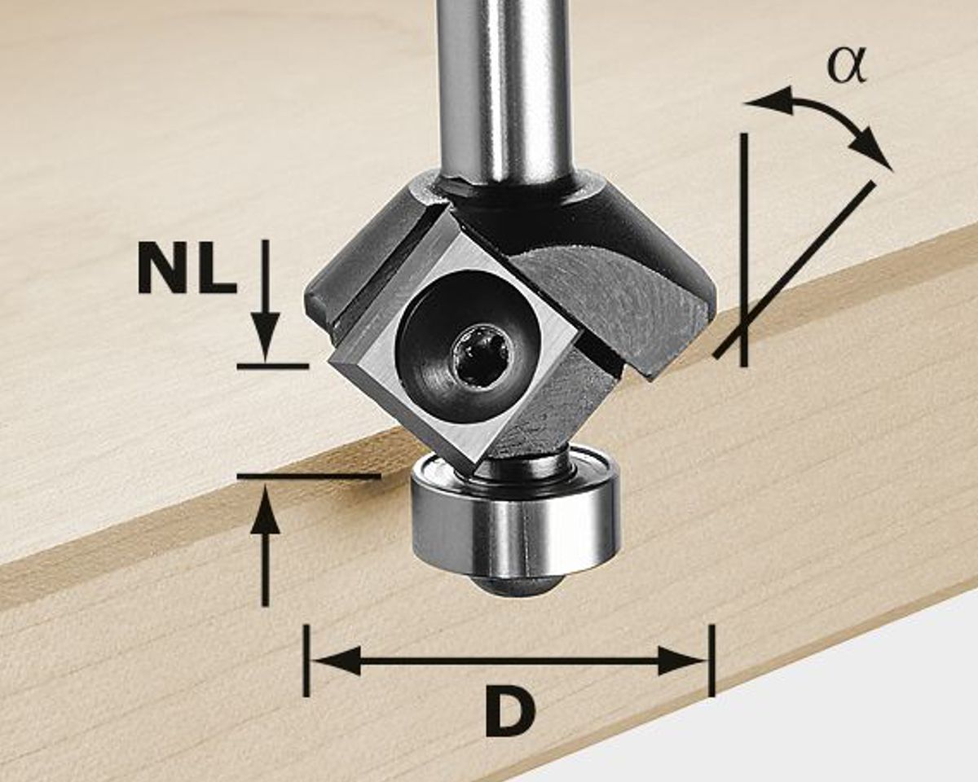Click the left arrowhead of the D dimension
point(336,660)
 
